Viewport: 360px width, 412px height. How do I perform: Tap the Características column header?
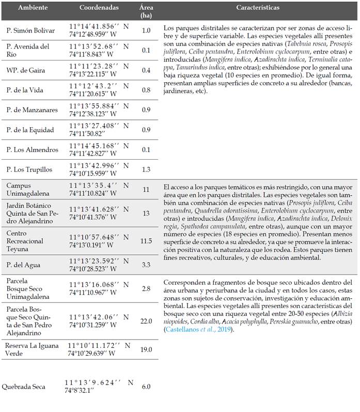click(x=258, y=8)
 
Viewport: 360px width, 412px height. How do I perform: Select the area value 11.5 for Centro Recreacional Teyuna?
click(x=146, y=241)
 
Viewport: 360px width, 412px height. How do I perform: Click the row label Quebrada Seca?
click(x=23, y=387)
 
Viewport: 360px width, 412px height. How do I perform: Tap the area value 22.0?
click(x=146, y=321)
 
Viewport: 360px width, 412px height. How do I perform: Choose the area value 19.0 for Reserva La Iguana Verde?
click(x=146, y=349)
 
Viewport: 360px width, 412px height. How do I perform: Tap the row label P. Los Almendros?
click(x=32, y=149)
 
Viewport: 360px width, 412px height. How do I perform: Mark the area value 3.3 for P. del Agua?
click(x=146, y=265)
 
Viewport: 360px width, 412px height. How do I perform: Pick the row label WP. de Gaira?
click(x=25, y=70)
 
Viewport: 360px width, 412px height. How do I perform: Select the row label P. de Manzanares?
click(x=30, y=110)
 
